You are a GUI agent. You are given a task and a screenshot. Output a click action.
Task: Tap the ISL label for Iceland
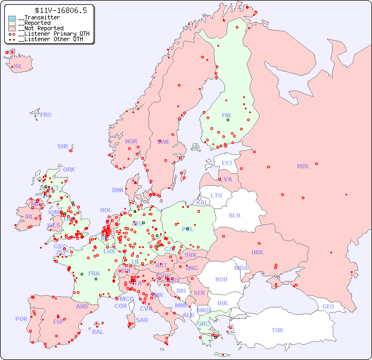tap(18, 67)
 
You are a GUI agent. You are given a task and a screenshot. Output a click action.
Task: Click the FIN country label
tap(226, 115)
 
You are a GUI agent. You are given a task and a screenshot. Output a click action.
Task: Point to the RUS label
tap(302, 166)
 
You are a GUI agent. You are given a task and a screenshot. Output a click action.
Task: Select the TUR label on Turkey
tap(277, 330)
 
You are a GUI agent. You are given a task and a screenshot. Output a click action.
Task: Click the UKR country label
tap(257, 252)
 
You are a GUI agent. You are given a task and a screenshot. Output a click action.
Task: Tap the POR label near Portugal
tap(21, 319)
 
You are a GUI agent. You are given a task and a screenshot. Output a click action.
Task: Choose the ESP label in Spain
tap(58, 321)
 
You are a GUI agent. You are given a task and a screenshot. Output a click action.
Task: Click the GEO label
tap(328, 306)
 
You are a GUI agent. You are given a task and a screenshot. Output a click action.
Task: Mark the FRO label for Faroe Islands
tap(46, 115)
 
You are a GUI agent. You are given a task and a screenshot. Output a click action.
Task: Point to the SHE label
tap(63, 146)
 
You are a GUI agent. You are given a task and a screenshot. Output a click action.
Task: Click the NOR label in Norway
tap(131, 141)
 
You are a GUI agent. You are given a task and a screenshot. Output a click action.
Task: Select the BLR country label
tap(234, 215)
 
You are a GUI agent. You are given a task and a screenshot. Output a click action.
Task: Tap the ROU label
tap(221, 279)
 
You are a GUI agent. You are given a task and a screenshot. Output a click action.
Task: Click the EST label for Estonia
tap(227, 163)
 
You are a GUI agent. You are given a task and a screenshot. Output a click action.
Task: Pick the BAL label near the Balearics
tap(98, 332)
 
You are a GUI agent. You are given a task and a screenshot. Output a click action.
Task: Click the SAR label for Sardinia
tap(142, 320)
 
